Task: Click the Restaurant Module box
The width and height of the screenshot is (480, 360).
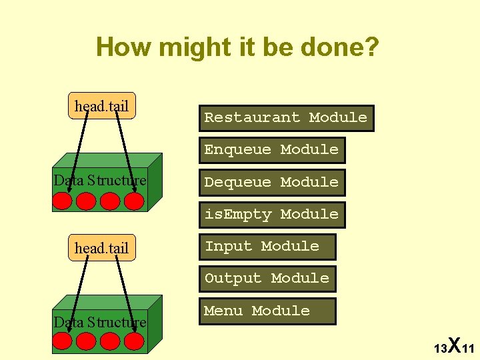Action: pyautogui.click(x=285, y=118)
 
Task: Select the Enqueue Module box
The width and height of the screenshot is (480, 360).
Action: pyautogui.click(x=271, y=150)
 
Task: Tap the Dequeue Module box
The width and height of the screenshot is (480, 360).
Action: pyautogui.click(x=271, y=182)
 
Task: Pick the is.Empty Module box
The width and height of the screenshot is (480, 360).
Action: pyautogui.click(x=271, y=215)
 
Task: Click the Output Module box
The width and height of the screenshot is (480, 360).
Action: pyautogui.click(x=267, y=279)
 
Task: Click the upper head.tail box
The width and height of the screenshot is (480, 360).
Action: pyautogui.click(x=102, y=105)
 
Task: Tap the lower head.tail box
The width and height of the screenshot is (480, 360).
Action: pyautogui.click(x=102, y=248)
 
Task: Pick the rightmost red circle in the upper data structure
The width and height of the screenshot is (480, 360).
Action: pyautogui.click(x=135, y=201)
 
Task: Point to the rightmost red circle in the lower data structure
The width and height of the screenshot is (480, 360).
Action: pyautogui.click(x=135, y=342)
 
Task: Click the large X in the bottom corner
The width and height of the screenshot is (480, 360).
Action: pyautogui.click(x=454, y=345)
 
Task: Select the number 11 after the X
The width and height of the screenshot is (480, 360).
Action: pyautogui.click(x=467, y=349)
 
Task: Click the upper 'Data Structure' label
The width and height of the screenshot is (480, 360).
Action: pyautogui.click(x=100, y=181)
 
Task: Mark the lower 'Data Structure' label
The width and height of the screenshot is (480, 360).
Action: pyautogui.click(x=100, y=323)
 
